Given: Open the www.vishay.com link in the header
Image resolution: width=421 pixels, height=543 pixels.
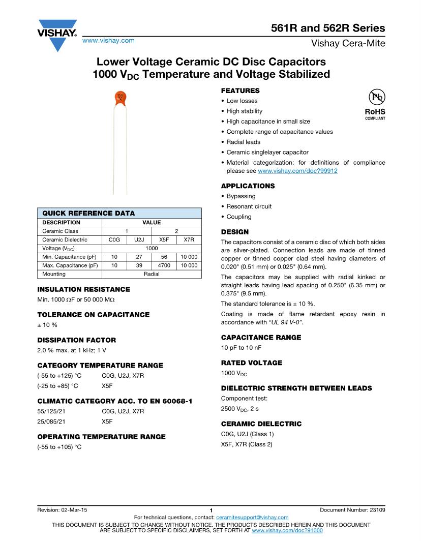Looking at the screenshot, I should [x=108, y=40].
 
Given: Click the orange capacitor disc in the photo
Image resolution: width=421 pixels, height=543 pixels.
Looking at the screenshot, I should [x=121, y=99].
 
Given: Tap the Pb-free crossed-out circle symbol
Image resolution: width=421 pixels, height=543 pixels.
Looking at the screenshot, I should [x=376, y=98].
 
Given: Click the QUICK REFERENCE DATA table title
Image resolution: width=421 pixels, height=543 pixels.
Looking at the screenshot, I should [x=88, y=213].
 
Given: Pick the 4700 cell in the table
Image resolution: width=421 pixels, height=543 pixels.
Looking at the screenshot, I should [x=164, y=265].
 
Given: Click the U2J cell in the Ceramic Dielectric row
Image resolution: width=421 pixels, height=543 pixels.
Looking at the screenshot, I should [x=139, y=239].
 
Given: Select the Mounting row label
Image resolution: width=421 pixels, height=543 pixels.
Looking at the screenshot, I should [x=54, y=274].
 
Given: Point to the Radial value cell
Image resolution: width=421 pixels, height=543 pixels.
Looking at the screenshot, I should [x=152, y=274].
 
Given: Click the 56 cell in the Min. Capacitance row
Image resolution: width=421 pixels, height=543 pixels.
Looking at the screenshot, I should [x=164, y=257].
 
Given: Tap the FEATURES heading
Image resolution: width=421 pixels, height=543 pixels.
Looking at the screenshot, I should [x=240, y=90].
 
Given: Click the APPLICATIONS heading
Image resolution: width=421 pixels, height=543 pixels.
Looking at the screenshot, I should [x=248, y=186].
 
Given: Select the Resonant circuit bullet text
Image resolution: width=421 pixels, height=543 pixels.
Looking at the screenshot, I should [x=249, y=206].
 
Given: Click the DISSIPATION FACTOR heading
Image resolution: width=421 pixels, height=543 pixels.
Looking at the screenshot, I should [x=77, y=340].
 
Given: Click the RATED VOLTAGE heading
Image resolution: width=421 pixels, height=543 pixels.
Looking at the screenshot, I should [x=252, y=363].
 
